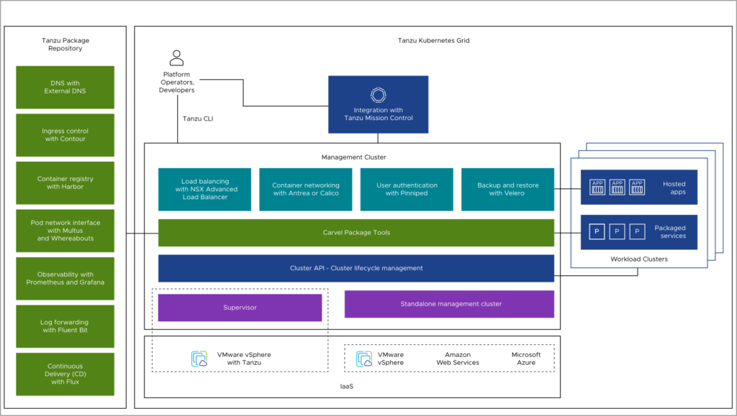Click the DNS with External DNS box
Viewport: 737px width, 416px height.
point(65,87)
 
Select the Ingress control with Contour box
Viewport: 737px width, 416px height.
point(65,135)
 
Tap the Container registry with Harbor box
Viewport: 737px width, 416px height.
point(65,182)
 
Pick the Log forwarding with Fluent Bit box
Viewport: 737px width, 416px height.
point(65,326)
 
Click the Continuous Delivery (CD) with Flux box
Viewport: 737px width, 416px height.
point(65,374)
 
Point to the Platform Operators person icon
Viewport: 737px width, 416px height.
point(176,58)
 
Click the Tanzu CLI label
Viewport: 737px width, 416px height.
point(197,119)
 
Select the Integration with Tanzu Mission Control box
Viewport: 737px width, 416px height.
point(378,104)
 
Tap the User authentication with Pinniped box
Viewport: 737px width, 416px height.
point(407,189)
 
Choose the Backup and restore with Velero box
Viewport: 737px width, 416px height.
point(507,189)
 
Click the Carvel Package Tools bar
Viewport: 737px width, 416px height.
point(356,232)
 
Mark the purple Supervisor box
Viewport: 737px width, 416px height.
point(240,308)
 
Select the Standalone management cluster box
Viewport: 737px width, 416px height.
point(449,304)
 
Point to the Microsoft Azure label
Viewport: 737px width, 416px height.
point(526,359)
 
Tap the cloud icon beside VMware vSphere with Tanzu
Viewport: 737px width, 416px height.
point(199,359)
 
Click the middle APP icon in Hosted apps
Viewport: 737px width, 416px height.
point(618,188)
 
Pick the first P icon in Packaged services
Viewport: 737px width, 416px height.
point(597,232)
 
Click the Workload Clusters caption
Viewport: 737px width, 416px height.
point(638,259)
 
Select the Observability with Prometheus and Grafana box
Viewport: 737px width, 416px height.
point(65,278)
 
